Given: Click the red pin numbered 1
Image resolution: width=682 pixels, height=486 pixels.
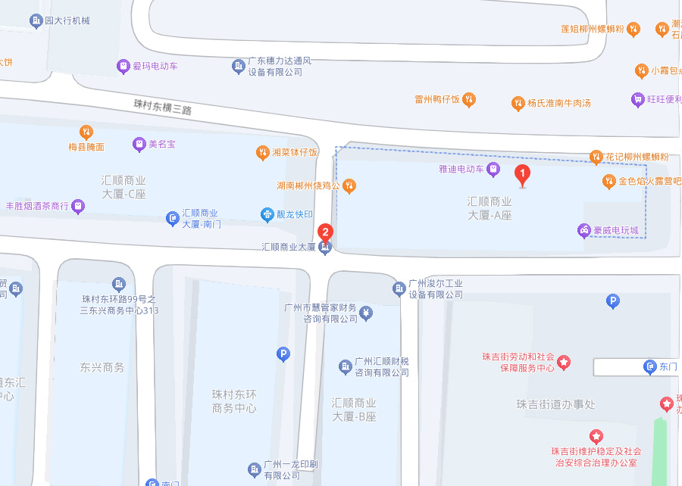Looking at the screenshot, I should tap(522, 175).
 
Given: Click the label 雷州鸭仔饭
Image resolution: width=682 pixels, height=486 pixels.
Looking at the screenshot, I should tap(438, 99).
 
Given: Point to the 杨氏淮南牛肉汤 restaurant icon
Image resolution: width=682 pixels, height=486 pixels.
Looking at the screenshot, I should tap(518, 102).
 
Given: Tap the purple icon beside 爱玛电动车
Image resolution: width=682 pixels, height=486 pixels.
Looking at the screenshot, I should tap(123, 67).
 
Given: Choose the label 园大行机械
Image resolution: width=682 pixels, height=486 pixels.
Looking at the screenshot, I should tap(67, 20).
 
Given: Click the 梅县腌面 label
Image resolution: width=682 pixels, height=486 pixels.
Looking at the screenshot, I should tap(86, 147).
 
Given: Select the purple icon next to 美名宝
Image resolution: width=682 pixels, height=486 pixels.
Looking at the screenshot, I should tap(139, 143).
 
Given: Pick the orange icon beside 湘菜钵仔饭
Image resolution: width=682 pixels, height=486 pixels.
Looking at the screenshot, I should tap(262, 152).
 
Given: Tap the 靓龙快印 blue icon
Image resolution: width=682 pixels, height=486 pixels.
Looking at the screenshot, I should tap(267, 214).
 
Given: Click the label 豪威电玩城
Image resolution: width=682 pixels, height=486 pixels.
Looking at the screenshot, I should tap(616, 229).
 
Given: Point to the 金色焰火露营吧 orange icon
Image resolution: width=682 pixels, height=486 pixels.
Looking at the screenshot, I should tap(608, 181).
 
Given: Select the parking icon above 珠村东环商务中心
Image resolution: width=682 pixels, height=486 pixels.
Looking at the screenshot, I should tap(283, 354).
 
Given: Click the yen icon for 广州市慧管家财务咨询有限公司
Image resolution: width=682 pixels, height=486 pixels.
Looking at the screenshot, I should tap(366, 313).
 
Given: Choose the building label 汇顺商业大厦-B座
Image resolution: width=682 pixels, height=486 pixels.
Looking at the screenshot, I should tap(354, 410).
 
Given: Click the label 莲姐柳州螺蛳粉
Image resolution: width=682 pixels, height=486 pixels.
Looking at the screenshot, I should tap(593, 29).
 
